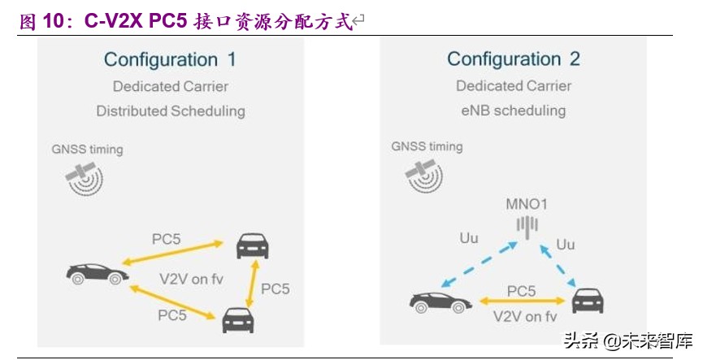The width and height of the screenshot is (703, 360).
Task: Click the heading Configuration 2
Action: pos(514,59)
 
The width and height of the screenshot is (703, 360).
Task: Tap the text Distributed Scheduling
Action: pos(170,111)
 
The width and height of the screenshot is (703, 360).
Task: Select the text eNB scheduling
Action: pos(513,111)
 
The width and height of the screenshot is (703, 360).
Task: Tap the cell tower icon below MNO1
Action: pos(528,225)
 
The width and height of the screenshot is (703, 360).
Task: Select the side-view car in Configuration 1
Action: pos(97,274)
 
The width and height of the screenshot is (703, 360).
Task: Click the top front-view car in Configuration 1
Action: pos(252,245)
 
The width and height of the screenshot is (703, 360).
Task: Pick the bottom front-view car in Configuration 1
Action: pos(238,319)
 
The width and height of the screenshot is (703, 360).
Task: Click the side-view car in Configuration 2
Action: pos(441,302)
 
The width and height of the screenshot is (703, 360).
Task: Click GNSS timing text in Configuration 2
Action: pos(427,147)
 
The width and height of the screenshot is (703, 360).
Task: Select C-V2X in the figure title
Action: pos(113,23)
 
